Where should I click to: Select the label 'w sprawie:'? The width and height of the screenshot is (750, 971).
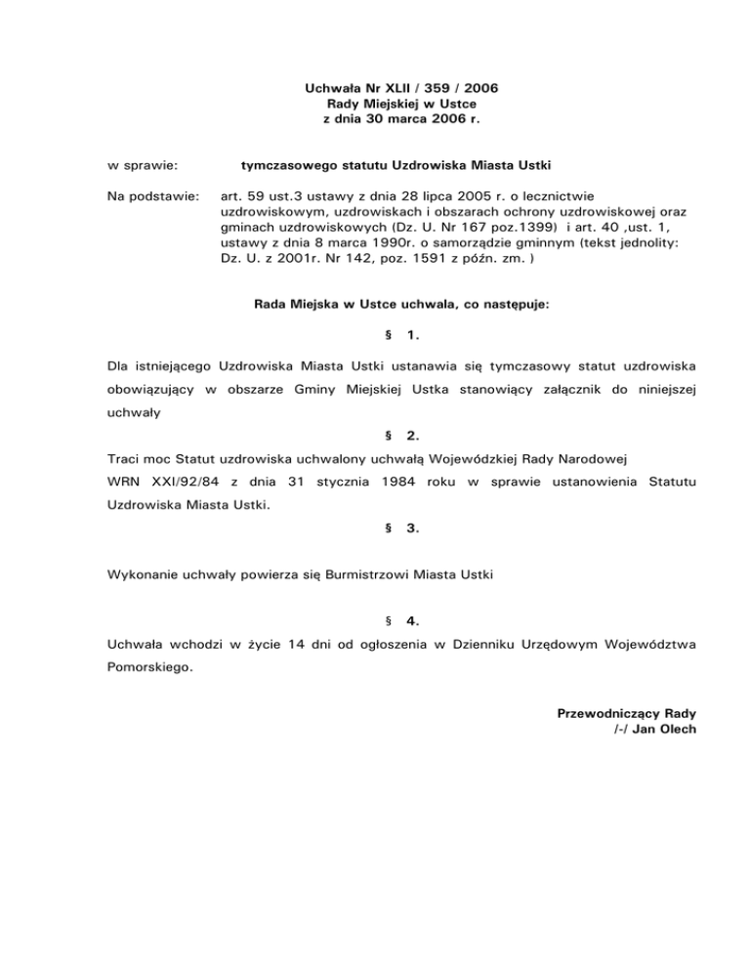141,154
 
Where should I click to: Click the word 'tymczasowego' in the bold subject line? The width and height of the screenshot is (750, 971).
286,154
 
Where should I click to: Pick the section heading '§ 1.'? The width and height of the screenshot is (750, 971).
401,335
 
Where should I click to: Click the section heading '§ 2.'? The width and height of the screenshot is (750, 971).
401,433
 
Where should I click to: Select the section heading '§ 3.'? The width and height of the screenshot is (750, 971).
401,528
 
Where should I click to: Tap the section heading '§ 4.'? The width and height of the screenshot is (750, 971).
401,619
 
